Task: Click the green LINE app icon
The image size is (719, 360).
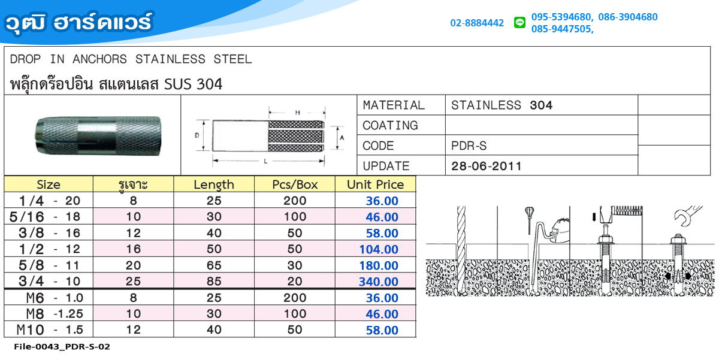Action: coord(519,22)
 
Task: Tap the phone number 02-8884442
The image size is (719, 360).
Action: coord(477,23)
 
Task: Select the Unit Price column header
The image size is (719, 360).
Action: coord(375,184)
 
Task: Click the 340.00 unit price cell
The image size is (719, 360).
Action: coord(379,282)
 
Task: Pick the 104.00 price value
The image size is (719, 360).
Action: coord(379,249)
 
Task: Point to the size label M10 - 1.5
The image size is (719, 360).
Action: coord(50,329)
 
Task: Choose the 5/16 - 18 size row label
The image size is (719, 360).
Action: coord(45,217)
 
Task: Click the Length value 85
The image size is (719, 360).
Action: coord(214,282)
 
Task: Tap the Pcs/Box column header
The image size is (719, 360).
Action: coord(295,184)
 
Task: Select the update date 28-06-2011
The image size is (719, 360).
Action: coord(487,166)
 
